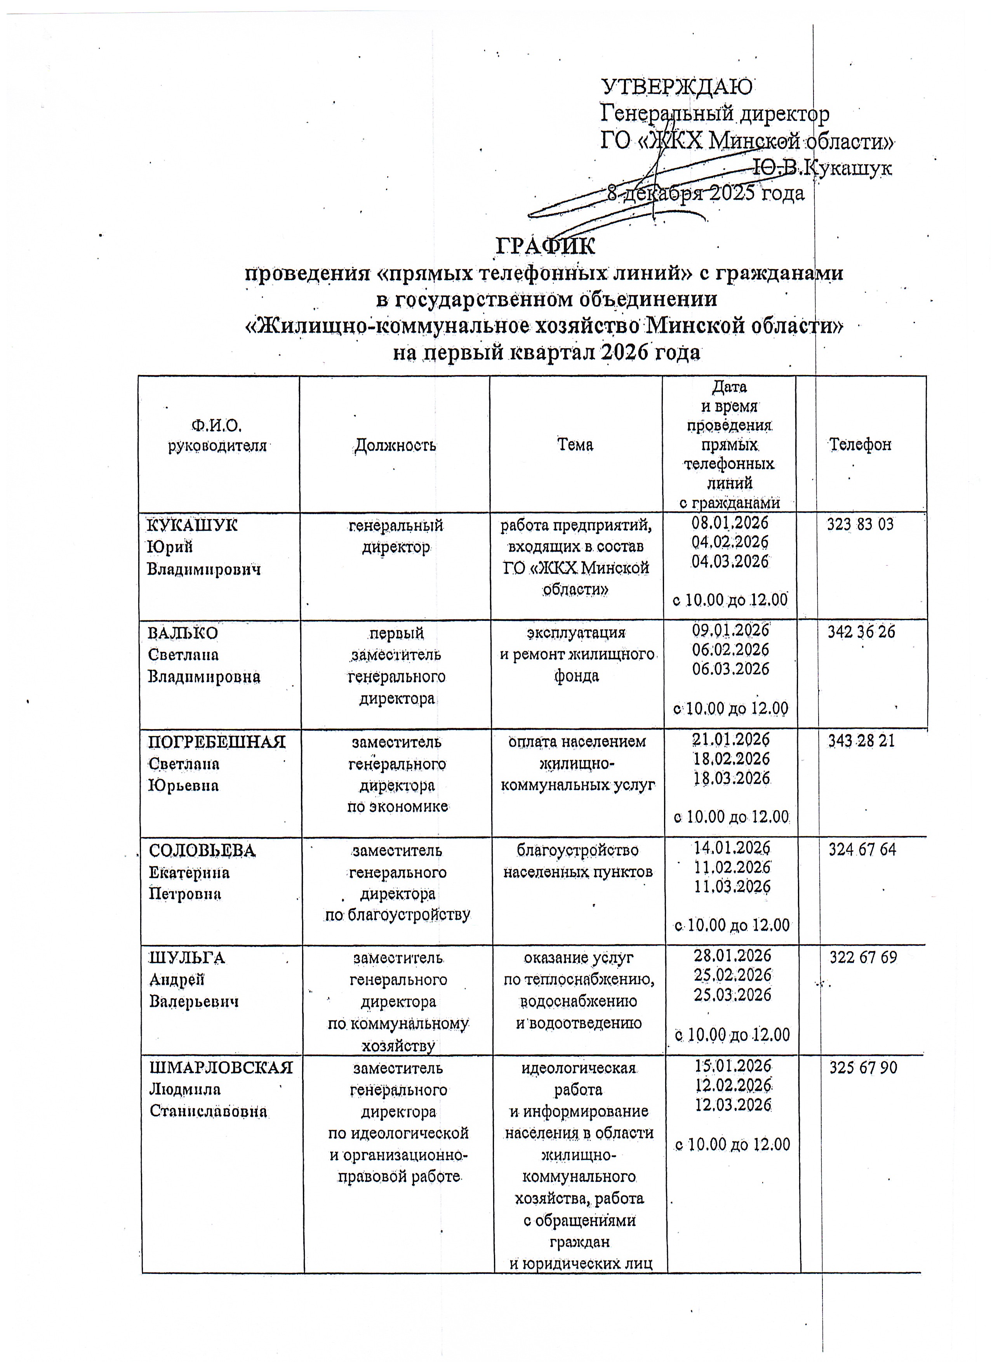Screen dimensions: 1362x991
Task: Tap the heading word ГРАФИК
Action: point(545,246)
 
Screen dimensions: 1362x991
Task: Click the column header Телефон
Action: point(860,445)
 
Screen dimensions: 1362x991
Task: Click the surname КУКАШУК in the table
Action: point(192,525)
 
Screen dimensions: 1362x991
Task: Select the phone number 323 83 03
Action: point(860,524)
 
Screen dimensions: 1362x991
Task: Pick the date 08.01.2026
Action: point(730,523)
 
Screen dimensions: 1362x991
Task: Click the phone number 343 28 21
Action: point(861,741)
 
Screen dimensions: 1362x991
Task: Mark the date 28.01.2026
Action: point(732,955)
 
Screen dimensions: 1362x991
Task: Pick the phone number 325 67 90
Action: point(863,1067)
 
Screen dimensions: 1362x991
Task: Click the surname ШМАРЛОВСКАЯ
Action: point(221,1068)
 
